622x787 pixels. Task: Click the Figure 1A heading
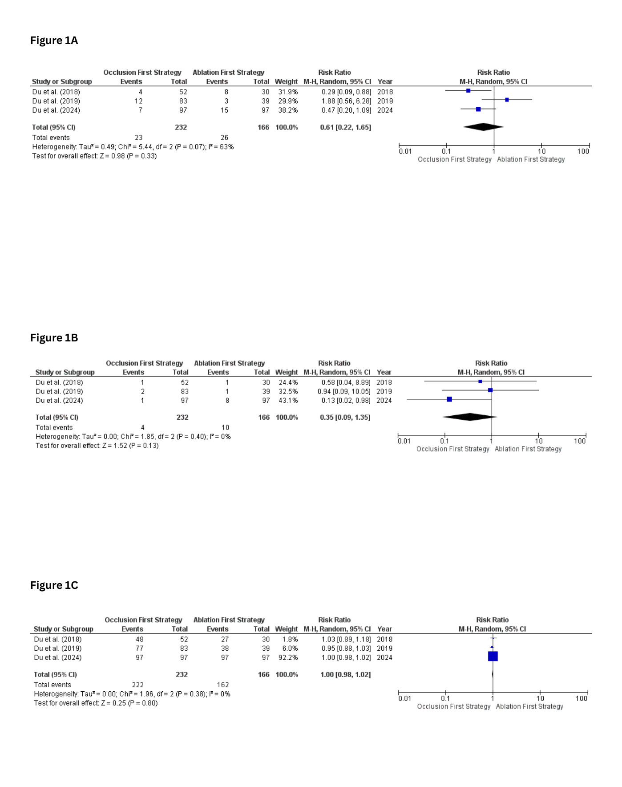[54, 41]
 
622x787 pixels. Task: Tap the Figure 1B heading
[54, 338]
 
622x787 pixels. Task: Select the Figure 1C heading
[54, 585]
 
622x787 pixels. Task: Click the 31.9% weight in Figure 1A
[288, 92]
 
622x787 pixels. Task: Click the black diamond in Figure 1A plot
[483, 127]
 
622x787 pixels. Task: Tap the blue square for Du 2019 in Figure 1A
[507, 100]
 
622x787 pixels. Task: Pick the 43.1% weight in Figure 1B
[288, 401]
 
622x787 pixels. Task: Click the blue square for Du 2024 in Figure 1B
[449, 399]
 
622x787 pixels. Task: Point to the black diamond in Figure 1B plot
[470, 417]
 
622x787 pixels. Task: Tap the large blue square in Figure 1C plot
[493, 656]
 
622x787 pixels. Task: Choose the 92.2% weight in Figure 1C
[288, 657]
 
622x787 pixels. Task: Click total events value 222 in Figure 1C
[137, 685]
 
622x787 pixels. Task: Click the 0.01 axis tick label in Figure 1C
[405, 698]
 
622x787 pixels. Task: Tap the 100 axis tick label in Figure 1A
[583, 151]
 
